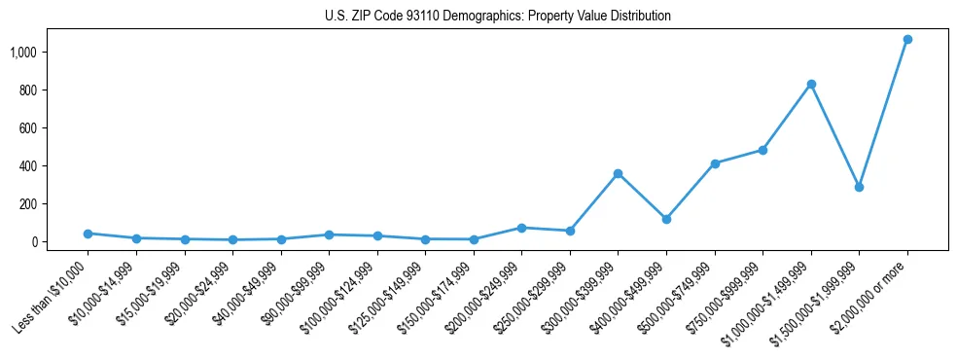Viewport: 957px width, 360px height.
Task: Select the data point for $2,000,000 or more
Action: click(x=907, y=40)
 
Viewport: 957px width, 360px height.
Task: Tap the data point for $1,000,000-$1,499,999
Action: click(x=811, y=85)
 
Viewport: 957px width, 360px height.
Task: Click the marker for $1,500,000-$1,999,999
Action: click(x=859, y=187)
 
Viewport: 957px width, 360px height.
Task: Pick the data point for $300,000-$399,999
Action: click(x=618, y=174)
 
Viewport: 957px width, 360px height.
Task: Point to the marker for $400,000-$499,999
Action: click(x=666, y=219)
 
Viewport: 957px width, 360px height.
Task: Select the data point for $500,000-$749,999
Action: click(x=715, y=163)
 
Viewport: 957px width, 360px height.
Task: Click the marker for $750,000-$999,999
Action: click(x=762, y=150)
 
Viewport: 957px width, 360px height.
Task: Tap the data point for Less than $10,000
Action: click(x=88, y=234)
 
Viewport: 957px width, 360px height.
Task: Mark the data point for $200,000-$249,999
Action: click(x=521, y=228)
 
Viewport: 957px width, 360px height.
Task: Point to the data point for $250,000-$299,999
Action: click(x=570, y=231)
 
